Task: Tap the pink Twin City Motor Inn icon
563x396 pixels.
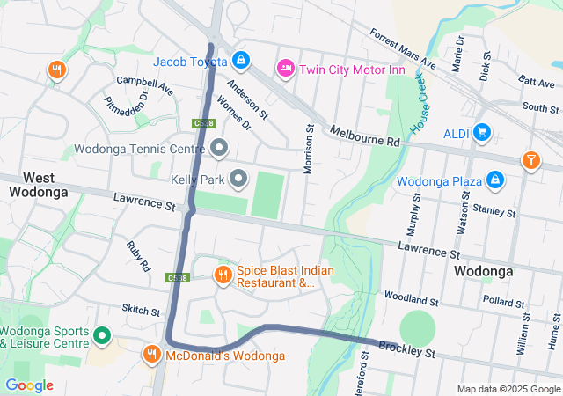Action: coord(285,68)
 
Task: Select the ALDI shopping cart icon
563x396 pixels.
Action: coord(481,132)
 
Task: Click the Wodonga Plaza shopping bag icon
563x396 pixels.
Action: coord(495,180)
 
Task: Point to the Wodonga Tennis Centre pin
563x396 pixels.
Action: coord(218,146)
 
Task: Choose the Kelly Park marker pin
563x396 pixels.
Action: coord(238,180)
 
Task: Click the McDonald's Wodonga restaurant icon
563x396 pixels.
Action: coord(151,355)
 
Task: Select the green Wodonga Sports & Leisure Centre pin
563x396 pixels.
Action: coord(101,334)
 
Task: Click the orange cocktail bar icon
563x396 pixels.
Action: coord(530,159)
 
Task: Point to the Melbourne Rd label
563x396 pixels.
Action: coord(365,136)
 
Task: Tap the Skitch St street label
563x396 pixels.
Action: coord(142,312)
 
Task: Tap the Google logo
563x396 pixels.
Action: coord(29,385)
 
